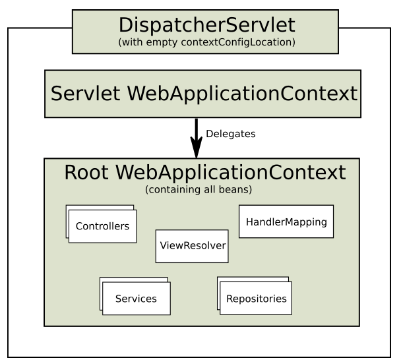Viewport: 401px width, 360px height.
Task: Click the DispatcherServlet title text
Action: [x=207, y=25]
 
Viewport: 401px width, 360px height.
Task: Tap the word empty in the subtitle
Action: [x=162, y=43]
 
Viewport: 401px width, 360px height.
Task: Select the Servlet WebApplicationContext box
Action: [x=202, y=94]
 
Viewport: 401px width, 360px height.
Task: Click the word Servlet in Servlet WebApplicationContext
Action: [x=85, y=94]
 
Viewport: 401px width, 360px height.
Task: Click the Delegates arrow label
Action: [x=230, y=134]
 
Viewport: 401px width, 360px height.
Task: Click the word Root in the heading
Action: [x=86, y=172]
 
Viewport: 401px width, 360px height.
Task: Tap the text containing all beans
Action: [x=199, y=190]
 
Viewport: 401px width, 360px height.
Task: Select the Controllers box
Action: [x=102, y=226]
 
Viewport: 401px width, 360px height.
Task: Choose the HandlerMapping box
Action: [x=286, y=222]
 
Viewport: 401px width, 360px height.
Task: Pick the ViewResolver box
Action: [x=192, y=246]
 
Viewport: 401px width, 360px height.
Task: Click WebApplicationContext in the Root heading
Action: [x=231, y=173]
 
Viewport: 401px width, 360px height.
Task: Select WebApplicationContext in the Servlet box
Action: [x=242, y=94]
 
